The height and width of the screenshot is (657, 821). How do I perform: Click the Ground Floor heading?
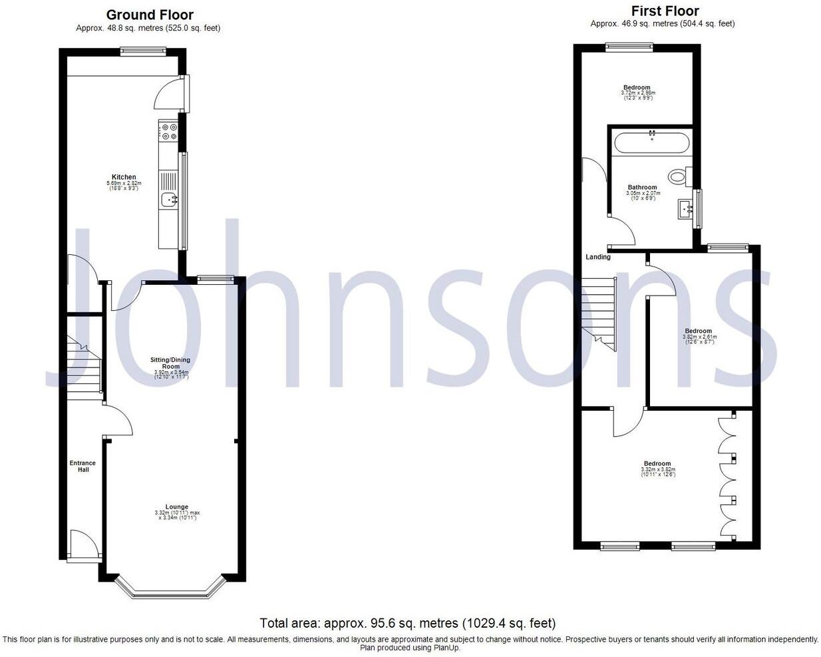(150, 15)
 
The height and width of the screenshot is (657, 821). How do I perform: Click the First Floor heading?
(665, 11)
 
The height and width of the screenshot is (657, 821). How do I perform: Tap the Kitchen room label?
(124, 177)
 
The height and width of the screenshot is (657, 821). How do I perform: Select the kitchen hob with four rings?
(168, 131)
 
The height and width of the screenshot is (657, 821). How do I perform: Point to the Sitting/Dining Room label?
(171, 363)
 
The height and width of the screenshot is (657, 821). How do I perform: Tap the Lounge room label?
(177, 507)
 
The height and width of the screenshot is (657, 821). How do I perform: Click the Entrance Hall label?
(82, 466)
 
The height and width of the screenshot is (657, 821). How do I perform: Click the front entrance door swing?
(84, 543)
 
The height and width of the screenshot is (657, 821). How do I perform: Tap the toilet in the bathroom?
(679, 176)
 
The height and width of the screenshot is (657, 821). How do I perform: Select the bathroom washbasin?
(685, 209)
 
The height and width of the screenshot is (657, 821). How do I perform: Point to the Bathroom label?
(642, 188)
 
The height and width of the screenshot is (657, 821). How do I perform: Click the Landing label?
(597, 257)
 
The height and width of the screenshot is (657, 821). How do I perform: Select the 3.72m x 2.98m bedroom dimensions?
(637, 94)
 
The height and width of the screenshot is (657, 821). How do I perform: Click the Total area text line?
(407, 624)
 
